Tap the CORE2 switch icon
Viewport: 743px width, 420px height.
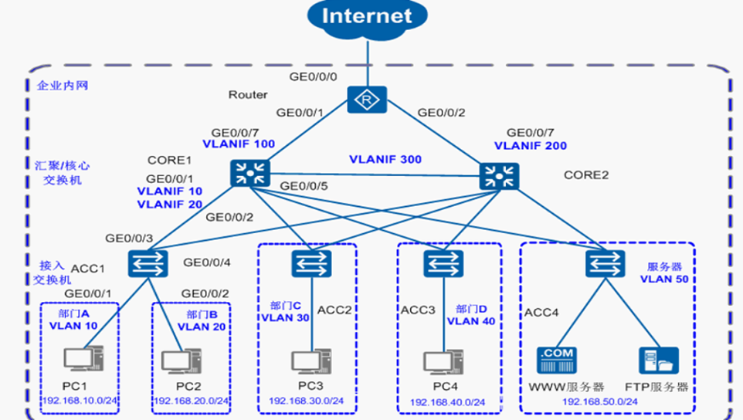[498, 175]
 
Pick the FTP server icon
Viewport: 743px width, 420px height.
[657, 362]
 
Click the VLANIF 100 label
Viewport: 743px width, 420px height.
[239, 144]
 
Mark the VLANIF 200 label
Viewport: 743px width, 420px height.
[531, 145]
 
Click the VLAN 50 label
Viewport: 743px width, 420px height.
[663, 279]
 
